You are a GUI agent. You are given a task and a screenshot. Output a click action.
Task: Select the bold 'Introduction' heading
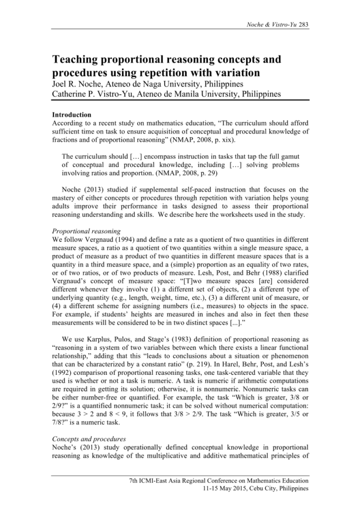point(71,115)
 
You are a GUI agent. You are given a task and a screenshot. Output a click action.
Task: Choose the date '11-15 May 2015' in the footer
point(228,490)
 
